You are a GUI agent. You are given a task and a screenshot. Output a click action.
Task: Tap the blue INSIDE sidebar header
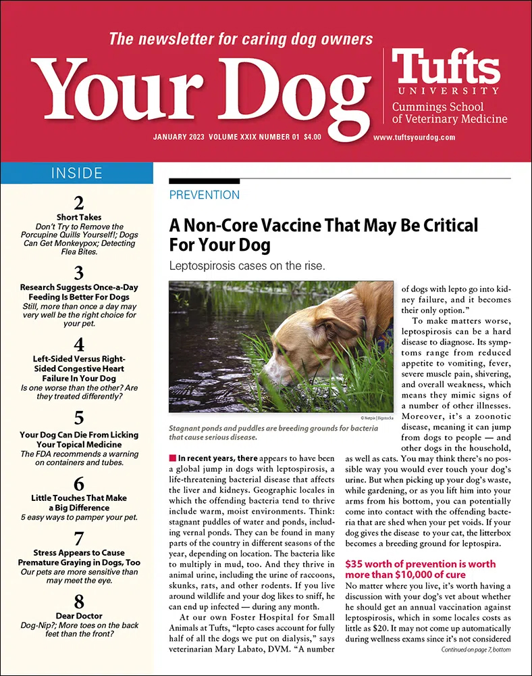76,173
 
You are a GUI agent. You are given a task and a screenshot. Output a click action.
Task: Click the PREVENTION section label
205,195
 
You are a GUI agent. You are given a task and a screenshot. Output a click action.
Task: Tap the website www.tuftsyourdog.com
414,137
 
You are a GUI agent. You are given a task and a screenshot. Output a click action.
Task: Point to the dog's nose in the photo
265,377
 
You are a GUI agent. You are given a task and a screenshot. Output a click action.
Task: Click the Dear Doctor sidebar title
78,617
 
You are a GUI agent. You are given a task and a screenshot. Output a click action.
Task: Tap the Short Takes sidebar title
78,217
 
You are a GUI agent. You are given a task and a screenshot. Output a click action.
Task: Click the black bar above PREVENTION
204,181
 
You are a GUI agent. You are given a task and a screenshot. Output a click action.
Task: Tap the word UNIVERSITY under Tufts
445,90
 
